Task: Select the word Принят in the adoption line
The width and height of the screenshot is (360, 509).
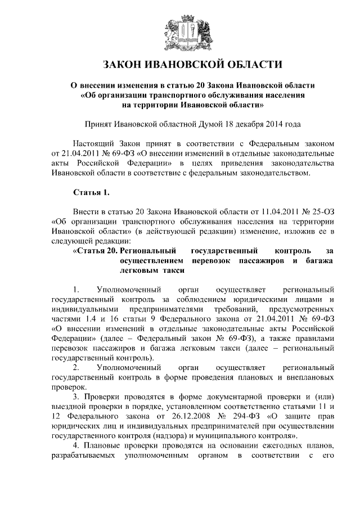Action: point(96,124)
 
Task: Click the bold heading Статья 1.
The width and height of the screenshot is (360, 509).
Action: point(91,193)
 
